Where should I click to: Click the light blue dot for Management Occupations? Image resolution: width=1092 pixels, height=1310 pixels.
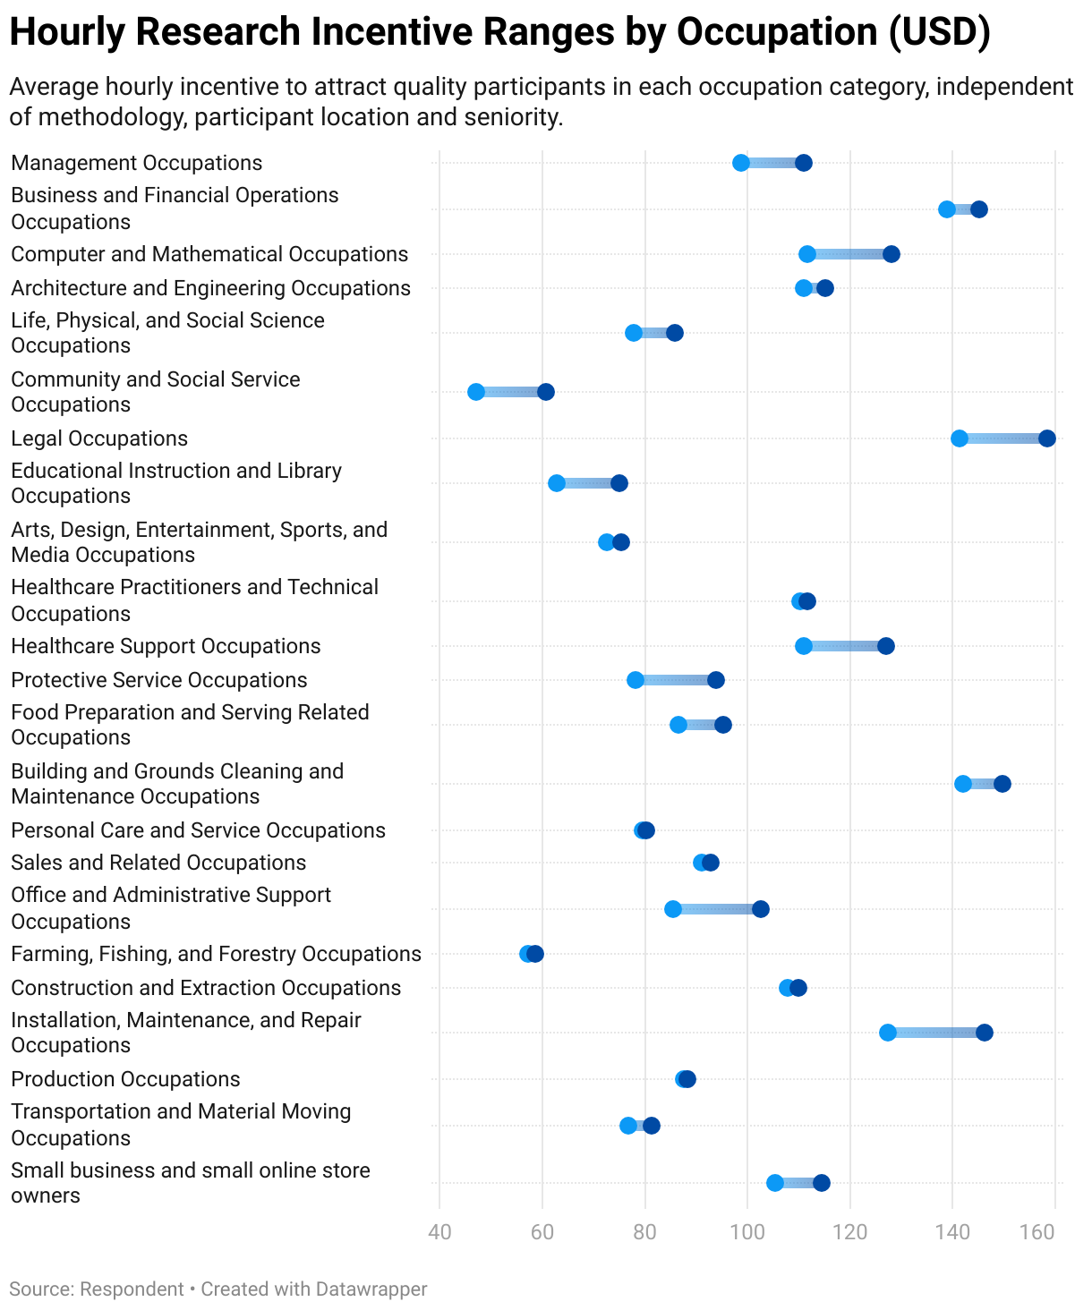pyautogui.click(x=741, y=163)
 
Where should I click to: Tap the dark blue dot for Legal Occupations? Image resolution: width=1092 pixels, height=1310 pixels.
pyautogui.click(x=1047, y=438)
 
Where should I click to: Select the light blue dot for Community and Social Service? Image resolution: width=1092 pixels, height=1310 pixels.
pyautogui.click(x=476, y=392)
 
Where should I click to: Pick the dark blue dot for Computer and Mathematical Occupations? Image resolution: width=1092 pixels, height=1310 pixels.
pyautogui.click(x=892, y=254)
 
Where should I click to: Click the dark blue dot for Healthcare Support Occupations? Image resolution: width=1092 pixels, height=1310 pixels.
pyautogui.click(x=886, y=646)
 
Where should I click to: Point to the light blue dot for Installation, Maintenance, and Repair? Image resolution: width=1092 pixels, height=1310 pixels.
pyautogui.click(x=888, y=1033)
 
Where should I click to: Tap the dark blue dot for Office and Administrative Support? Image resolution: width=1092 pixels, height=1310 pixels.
pyautogui.click(x=761, y=909)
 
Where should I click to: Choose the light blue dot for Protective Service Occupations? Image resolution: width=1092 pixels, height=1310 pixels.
pyautogui.click(x=636, y=680)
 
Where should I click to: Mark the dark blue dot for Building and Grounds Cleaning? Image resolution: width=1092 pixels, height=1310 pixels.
pyautogui.click(x=1002, y=784)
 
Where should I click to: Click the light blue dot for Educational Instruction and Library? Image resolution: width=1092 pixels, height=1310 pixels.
pyautogui.click(x=557, y=483)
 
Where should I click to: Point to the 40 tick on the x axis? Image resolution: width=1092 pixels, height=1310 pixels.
pyautogui.click(x=439, y=1232)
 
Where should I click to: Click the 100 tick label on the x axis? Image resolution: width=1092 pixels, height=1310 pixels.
pyautogui.click(x=747, y=1232)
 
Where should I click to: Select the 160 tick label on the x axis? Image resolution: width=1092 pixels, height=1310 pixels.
pyautogui.click(x=1037, y=1232)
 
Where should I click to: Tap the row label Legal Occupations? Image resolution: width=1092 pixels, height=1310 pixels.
pyautogui.click(x=99, y=438)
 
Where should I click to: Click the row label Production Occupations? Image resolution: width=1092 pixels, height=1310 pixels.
pyautogui.click(x=125, y=1079)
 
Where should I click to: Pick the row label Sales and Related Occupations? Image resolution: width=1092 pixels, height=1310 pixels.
pyautogui.click(x=158, y=863)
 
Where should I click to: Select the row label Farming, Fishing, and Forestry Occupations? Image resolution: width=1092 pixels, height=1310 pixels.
pyautogui.click(x=216, y=954)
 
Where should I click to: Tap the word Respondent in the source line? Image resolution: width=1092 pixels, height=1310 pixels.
pyautogui.click(x=132, y=1289)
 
